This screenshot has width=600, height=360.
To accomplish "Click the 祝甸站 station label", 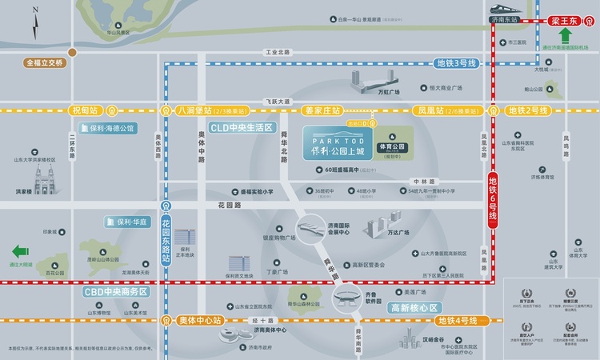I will [87, 110].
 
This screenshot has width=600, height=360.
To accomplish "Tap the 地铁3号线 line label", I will [457, 63].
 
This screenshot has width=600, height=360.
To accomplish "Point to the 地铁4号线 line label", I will [457, 320].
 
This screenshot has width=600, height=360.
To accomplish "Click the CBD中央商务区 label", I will [117, 292].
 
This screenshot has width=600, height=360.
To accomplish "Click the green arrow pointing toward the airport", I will [566, 36].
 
